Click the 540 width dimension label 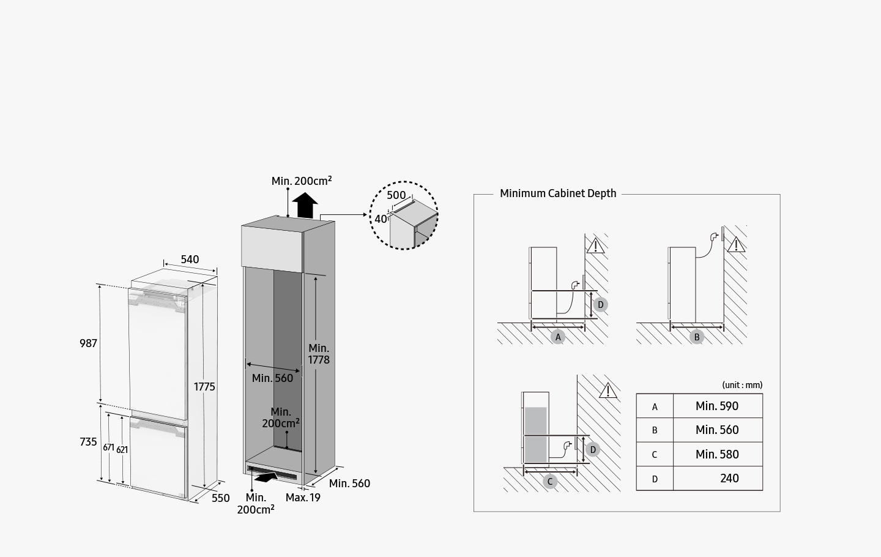190,260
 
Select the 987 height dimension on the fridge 88,343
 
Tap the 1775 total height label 204,387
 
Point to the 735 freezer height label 88,442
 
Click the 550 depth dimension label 221,498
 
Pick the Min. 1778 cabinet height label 319,354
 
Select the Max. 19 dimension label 303,498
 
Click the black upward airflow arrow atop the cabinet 304,205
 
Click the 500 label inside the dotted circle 396,196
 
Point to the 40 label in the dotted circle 381,219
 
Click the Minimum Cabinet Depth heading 558,193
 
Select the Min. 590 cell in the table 717,406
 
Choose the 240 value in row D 729,479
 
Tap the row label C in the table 655,455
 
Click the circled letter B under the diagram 696,337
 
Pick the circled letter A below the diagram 557,337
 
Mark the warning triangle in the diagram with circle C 608,391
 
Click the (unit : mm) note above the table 742,385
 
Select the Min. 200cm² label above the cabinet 302,181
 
